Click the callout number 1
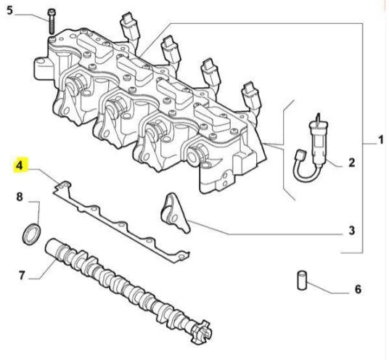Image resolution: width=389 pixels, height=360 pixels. (380, 138)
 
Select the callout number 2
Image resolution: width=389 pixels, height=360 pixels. (351, 163)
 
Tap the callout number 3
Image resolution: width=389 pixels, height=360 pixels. (351, 232)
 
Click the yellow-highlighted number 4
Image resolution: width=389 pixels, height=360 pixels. (21, 168)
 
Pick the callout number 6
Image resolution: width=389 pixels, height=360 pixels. (357, 290)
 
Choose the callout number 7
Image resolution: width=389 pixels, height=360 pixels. (21, 276)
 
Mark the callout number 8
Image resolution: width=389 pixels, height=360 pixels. (20, 197)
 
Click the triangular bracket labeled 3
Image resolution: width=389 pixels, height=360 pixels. (173, 211)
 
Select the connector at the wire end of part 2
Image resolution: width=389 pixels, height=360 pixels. (298, 155)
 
